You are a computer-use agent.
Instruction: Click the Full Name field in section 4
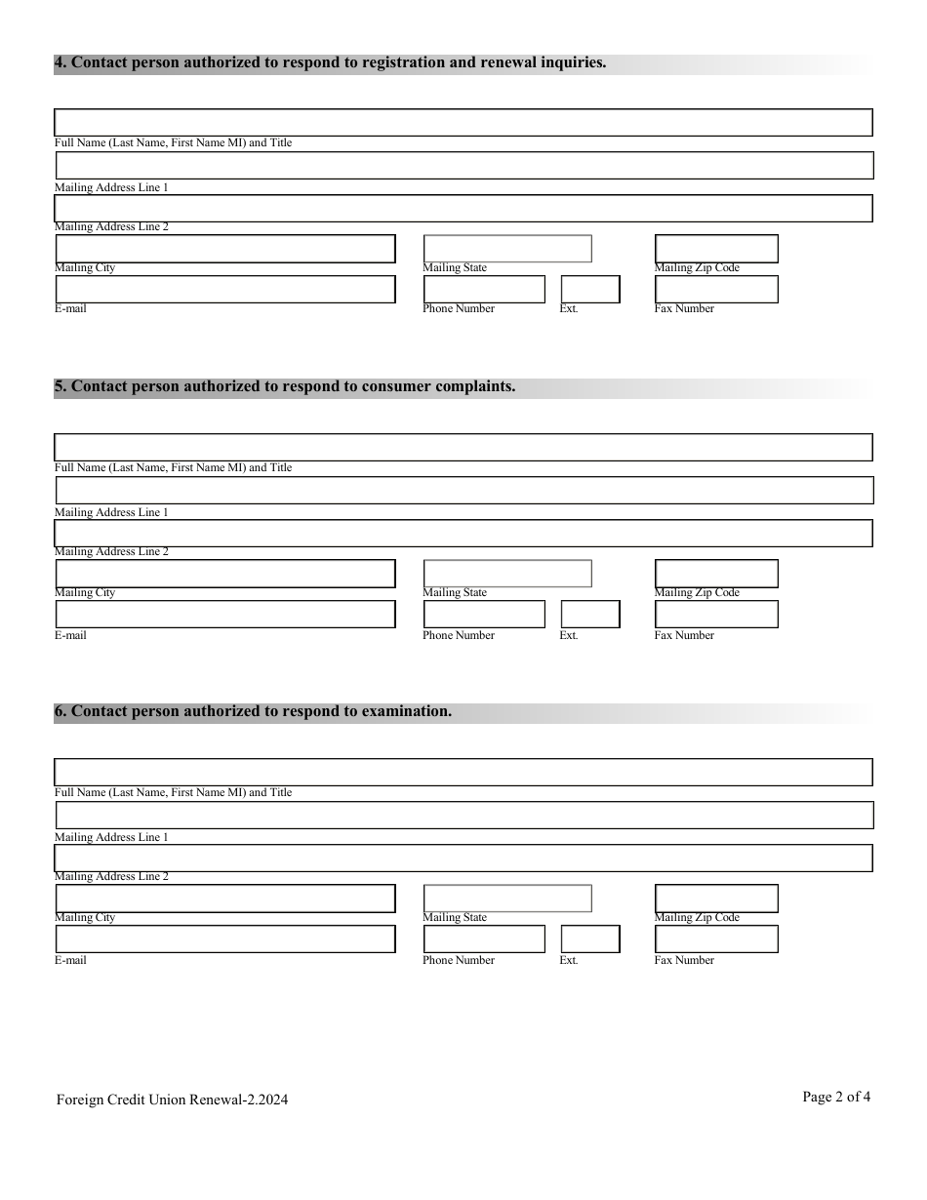click(463, 123)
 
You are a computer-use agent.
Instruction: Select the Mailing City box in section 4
click(225, 249)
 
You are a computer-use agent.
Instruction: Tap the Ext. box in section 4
click(590, 290)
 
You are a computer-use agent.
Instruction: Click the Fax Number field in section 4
click(716, 290)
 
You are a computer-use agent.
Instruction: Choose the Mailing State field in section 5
click(507, 574)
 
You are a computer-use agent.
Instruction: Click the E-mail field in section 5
click(225, 615)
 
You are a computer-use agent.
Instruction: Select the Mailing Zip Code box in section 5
click(716, 574)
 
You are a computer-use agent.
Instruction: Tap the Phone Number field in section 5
click(484, 615)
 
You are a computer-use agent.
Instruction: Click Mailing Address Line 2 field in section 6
click(463, 859)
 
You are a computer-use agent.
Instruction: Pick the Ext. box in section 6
click(590, 940)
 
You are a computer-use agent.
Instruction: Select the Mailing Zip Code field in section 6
click(716, 899)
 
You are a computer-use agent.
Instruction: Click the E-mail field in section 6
click(225, 940)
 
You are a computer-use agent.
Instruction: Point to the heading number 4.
click(60, 63)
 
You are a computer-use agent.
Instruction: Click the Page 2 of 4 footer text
click(836, 1097)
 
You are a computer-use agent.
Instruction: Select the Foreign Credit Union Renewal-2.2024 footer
click(172, 1100)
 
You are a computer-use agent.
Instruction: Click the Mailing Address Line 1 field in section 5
click(463, 491)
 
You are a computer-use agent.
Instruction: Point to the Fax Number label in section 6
click(684, 961)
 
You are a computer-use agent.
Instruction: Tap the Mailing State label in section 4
click(455, 268)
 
